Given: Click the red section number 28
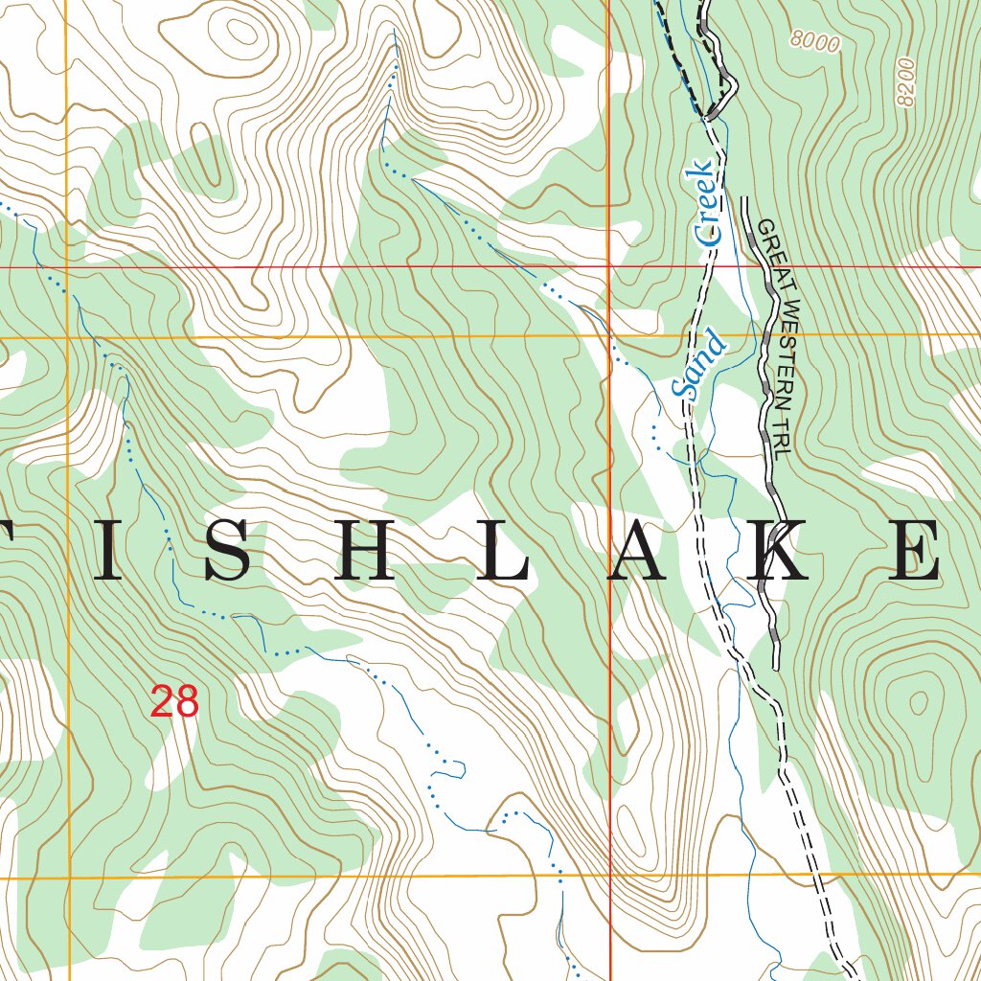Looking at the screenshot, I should pos(174,702).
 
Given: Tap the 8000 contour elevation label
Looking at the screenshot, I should pos(815,40).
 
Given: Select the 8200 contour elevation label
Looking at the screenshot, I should pos(905,84).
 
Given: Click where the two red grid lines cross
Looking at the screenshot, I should pos(610,267).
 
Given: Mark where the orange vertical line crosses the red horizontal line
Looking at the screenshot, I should pos(67,267).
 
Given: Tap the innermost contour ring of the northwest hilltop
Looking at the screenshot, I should pos(242,32).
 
